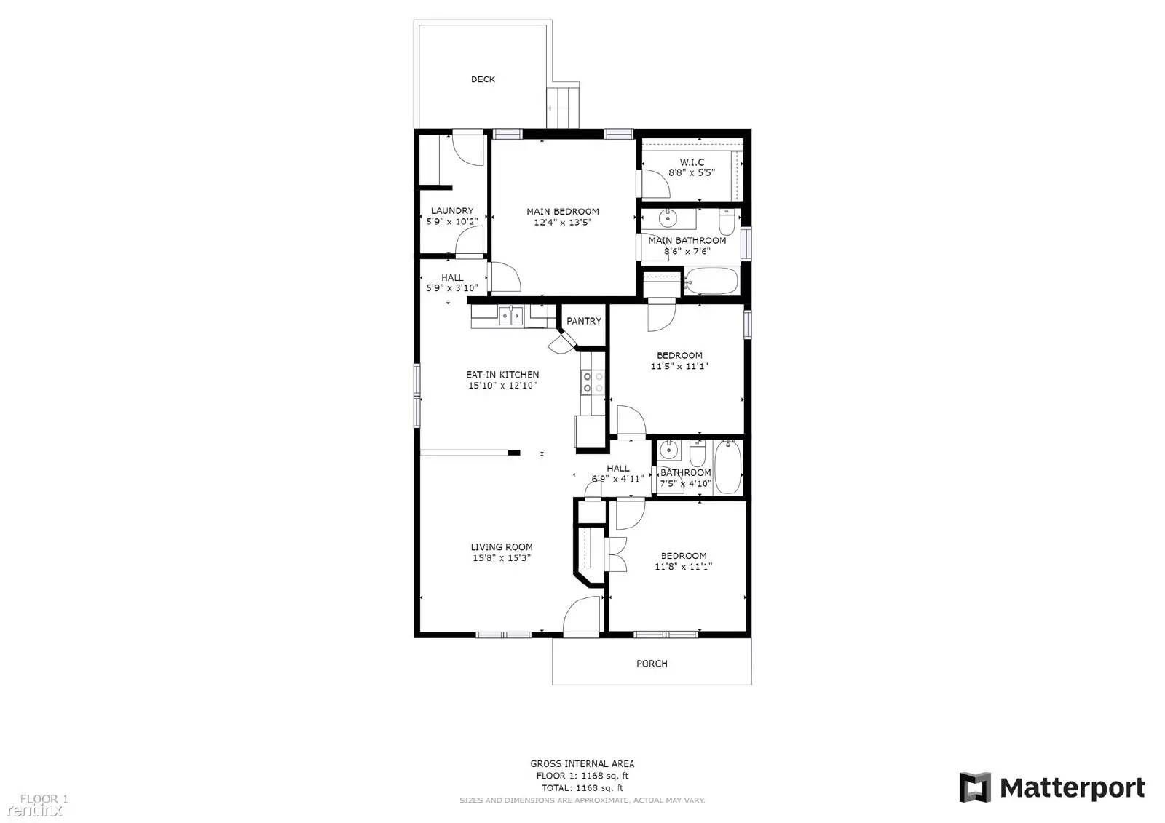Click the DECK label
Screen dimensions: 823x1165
click(483, 79)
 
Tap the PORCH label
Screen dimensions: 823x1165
click(652, 664)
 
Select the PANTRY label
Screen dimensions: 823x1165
click(584, 321)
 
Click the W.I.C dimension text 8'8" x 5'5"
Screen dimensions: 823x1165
click(692, 173)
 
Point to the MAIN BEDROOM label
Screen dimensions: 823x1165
click(563, 212)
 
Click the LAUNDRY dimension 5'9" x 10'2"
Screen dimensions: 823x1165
click(452, 221)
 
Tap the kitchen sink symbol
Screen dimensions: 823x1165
click(511, 315)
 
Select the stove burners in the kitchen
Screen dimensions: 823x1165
click(592, 382)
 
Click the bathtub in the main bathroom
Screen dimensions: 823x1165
click(711, 281)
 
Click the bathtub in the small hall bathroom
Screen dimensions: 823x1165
click(727, 466)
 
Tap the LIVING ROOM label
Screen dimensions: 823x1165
click(501, 547)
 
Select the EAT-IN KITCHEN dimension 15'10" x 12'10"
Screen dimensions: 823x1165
click(502, 386)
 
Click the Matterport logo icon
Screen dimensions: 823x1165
click(975, 787)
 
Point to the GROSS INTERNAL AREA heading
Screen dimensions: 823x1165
click(582, 763)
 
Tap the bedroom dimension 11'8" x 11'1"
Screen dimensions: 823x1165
click(683, 566)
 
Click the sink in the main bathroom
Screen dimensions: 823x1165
click(668, 218)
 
